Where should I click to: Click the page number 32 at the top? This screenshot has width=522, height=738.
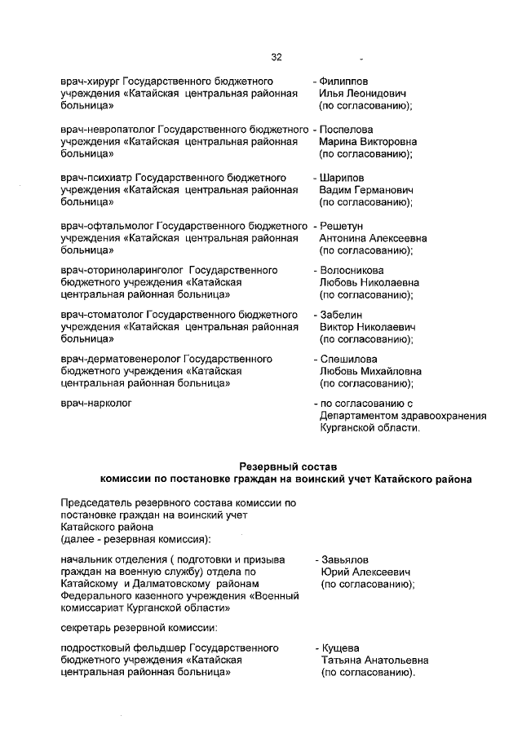(x=276, y=57)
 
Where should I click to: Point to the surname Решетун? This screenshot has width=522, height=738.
(x=343, y=226)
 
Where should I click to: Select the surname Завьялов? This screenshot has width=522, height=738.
(x=345, y=560)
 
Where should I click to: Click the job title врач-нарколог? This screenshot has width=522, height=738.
(x=96, y=403)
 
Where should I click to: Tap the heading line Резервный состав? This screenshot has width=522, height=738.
(x=284, y=466)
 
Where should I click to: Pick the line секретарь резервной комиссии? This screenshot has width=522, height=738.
(x=139, y=627)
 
